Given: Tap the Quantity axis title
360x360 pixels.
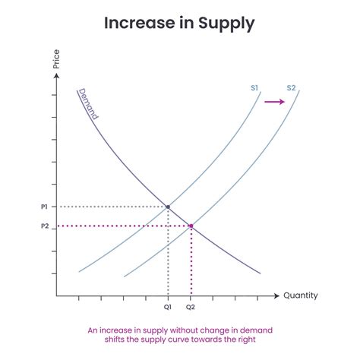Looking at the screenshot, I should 301,295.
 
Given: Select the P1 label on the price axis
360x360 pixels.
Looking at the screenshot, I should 44,207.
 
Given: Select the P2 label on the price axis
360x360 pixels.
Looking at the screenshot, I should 44,226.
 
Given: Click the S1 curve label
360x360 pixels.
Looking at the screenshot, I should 255,88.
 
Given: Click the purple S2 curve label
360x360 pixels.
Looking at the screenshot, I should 291,88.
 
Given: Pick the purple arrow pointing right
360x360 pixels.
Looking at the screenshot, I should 273,101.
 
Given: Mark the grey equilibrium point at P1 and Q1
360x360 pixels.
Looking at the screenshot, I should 168,207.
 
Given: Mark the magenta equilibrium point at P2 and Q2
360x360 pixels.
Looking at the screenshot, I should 191,226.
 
